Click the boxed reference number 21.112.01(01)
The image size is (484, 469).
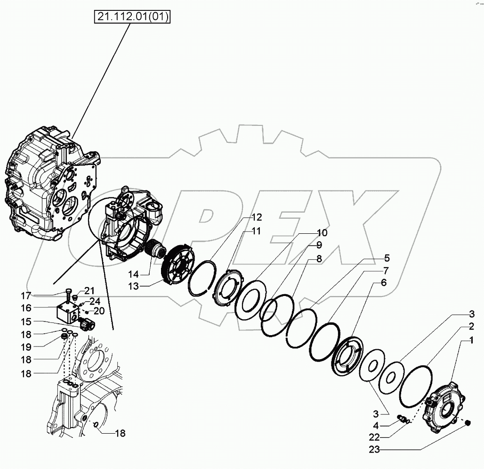tap(133, 17)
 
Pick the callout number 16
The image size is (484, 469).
tap(26, 307)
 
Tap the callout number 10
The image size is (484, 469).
tap(322, 232)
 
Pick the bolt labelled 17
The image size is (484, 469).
tap(69, 293)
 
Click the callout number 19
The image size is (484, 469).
tap(26, 346)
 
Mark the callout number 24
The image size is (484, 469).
tap(95, 301)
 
